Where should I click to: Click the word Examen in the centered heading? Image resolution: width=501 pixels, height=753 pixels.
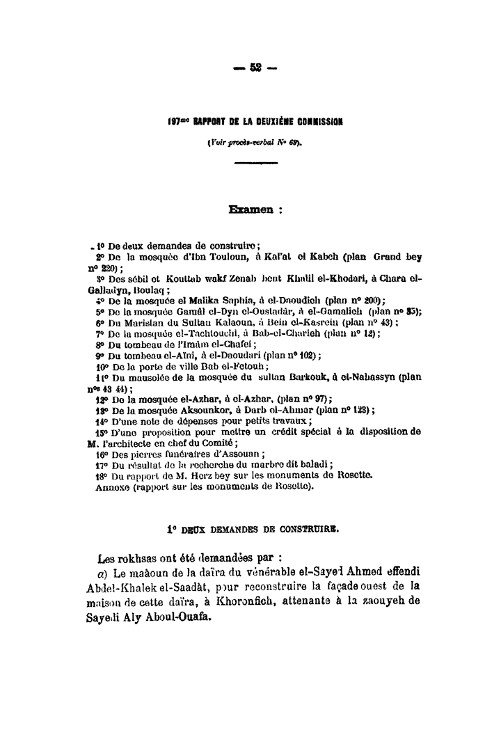pos(248,207)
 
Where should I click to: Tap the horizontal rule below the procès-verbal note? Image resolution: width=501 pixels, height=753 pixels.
pos(256,162)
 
